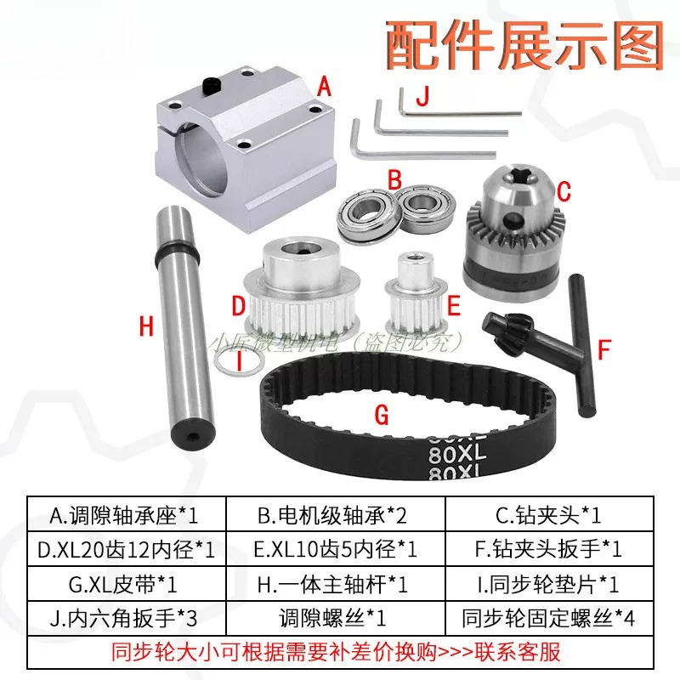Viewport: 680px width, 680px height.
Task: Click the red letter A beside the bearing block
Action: pyautogui.click(x=324, y=86)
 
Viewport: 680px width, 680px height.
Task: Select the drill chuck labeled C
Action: pyautogui.click(x=513, y=232)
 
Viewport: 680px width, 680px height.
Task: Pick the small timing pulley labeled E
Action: pyautogui.click(x=416, y=295)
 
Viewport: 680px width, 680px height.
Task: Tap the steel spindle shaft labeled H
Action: pyautogui.click(x=184, y=326)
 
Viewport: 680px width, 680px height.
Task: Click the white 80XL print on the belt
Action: pyautogui.click(x=456, y=454)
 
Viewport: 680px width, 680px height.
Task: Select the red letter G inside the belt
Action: pyautogui.click(x=382, y=415)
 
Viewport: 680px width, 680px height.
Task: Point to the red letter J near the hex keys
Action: pyautogui.click(x=422, y=96)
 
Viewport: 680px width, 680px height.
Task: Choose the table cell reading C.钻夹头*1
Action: pyautogui.click(x=549, y=515)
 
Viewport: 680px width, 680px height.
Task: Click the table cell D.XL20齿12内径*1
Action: pyautogui.click(x=126, y=549)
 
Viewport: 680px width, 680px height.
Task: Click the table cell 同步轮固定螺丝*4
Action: pyautogui.click(x=548, y=618)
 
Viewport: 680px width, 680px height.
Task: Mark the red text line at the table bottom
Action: pyautogui.click(x=336, y=652)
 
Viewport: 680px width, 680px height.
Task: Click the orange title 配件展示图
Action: pyautogui.click(x=524, y=46)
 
